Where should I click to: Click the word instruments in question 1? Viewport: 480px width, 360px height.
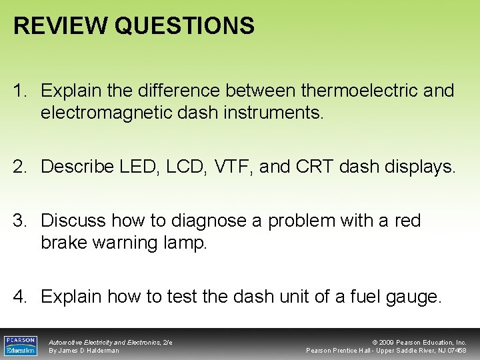point(274,113)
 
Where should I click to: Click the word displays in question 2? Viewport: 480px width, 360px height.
point(422,167)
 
